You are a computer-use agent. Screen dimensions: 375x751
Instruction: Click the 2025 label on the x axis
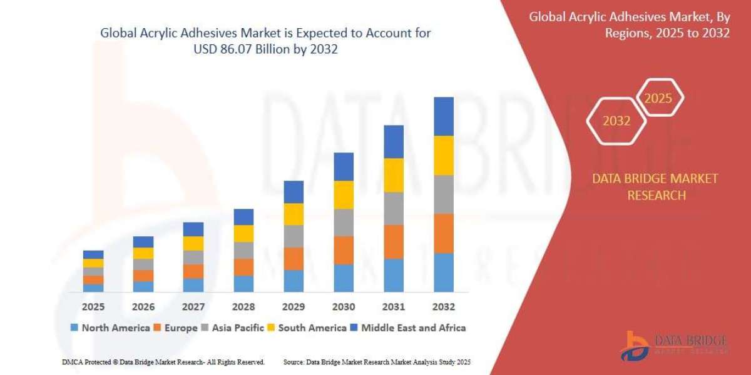tap(93, 307)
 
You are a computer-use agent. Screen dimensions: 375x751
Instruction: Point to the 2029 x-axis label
tap(294, 307)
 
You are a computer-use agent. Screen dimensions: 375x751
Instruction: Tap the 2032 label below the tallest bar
tap(444, 307)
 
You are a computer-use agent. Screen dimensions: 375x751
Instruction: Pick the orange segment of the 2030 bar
tap(344, 250)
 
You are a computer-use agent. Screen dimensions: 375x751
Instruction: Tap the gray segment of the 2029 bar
tap(294, 236)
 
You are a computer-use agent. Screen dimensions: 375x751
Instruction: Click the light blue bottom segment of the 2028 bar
tap(243, 284)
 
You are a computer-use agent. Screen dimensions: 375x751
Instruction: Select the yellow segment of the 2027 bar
tap(193, 243)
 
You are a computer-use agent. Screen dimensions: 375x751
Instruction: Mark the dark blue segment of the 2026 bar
tap(143, 242)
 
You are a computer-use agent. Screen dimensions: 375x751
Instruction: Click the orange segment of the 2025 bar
tap(93, 280)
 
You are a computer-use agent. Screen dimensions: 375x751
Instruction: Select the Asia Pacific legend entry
tap(232, 327)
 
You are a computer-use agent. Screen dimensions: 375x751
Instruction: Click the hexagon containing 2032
tap(616, 121)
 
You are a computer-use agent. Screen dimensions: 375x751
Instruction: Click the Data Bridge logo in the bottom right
tap(674, 346)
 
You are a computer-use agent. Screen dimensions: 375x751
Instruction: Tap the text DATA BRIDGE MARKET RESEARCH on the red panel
tap(655, 187)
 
